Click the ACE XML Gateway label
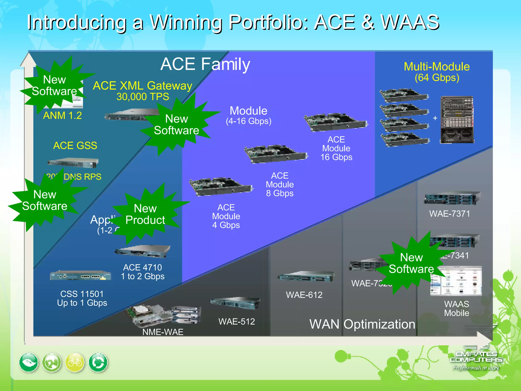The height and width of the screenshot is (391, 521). tap(142, 86)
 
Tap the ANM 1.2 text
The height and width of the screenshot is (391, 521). tap(62, 116)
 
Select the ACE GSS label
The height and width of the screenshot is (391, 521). tap(75, 146)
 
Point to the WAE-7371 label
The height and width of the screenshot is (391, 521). tap(450, 214)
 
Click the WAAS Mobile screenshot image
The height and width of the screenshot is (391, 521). tap(456, 281)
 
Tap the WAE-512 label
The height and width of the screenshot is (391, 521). tap(237, 322)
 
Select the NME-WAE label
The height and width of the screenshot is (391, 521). tap(163, 332)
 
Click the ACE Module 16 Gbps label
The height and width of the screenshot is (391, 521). tap(336, 148)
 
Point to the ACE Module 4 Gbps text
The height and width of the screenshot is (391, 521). tap(226, 216)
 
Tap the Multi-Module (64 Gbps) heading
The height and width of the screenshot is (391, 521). tap(437, 72)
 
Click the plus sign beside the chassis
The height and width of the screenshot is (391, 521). tap(435, 118)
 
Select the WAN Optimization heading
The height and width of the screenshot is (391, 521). tap(362, 324)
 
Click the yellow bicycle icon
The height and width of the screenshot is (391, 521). tap(75, 362)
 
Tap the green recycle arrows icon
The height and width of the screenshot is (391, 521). tap(98, 362)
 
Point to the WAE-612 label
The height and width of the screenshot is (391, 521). tap(304, 295)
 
